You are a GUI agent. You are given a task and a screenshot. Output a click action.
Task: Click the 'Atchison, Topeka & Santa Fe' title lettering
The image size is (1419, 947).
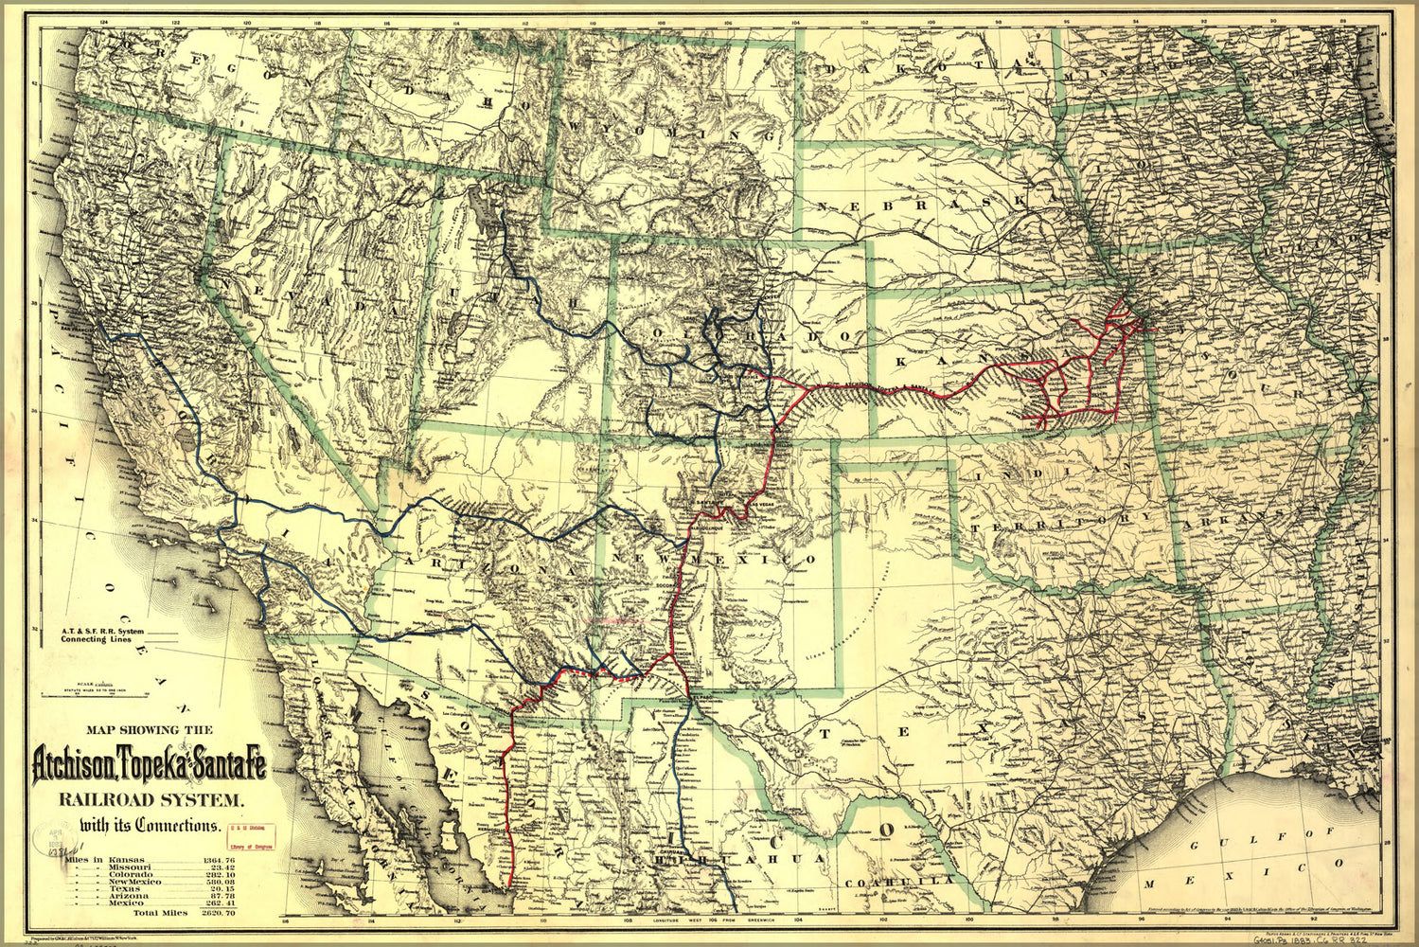coord(149,762)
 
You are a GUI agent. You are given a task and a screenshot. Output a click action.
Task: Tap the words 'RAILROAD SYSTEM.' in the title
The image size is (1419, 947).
coord(151,798)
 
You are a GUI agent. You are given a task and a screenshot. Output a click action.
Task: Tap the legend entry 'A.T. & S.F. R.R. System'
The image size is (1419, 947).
coord(104,631)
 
